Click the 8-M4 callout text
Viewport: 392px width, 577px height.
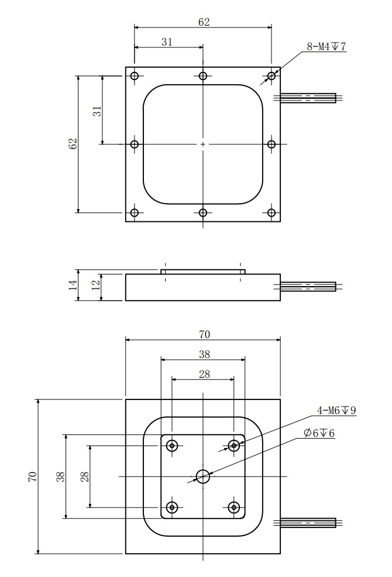point(326,47)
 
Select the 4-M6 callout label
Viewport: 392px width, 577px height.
point(336,411)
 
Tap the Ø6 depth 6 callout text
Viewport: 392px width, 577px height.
point(319,433)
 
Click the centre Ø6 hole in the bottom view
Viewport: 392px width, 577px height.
point(203,477)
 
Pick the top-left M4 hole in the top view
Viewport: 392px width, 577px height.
point(135,76)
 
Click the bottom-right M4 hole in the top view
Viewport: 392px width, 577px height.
point(271,213)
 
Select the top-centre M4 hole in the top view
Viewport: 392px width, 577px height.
point(203,76)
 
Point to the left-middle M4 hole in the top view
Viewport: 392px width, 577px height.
point(135,144)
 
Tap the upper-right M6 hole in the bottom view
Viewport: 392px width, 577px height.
point(234,446)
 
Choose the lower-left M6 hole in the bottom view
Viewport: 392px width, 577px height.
point(172,508)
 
